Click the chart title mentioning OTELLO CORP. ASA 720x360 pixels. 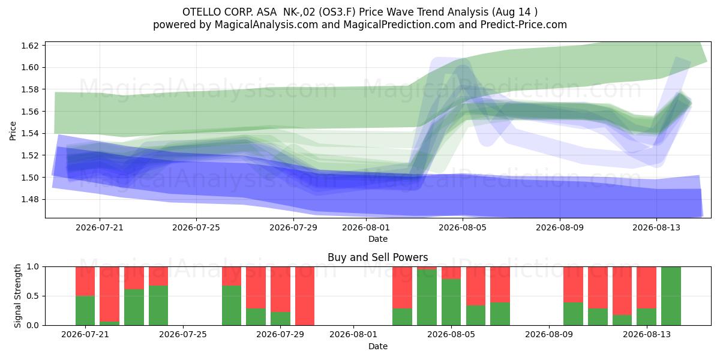[x=360, y=12]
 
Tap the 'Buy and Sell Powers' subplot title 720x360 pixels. [x=377, y=257]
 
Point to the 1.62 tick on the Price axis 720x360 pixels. [x=30, y=46]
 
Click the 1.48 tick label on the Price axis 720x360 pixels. [x=30, y=200]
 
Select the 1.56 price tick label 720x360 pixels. [x=30, y=112]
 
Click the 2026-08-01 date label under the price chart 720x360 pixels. [x=366, y=227]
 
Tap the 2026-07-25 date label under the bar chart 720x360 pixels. [x=183, y=335]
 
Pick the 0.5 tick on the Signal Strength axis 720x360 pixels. [x=33, y=296]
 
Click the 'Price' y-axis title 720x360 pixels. [x=13, y=131]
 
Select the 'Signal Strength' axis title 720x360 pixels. [x=17, y=296]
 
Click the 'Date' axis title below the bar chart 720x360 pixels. [x=377, y=347]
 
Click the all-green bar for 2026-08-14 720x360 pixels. [x=671, y=296]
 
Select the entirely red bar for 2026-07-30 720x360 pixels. [x=305, y=296]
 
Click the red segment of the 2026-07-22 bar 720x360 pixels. [x=109, y=294]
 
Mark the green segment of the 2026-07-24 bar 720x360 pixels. [x=158, y=305]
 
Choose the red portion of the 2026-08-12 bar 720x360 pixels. [x=622, y=291]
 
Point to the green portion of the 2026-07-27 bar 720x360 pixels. [x=232, y=305]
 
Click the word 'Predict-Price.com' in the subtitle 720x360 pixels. [x=524, y=25]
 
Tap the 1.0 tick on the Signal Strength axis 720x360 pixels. [x=33, y=267]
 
